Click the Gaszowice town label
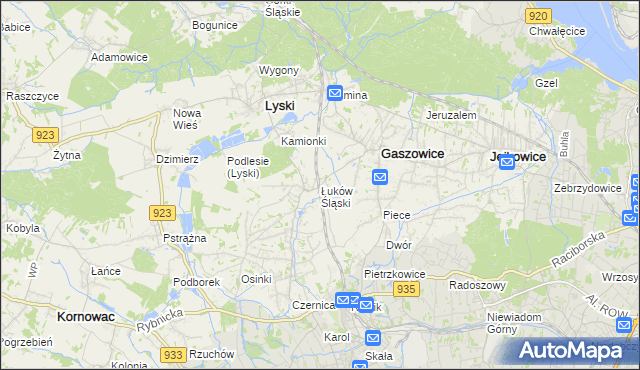(x=413, y=154)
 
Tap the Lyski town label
(x=279, y=105)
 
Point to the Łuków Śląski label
(x=335, y=196)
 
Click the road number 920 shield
(x=538, y=16)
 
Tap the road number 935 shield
(x=405, y=289)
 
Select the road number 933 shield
(x=173, y=355)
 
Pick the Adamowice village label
(x=119, y=58)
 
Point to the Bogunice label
(x=214, y=24)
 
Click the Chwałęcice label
(x=557, y=31)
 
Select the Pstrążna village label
(x=184, y=238)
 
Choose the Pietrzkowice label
(x=395, y=273)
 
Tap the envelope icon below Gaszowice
(x=380, y=177)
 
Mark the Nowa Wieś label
(x=187, y=119)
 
